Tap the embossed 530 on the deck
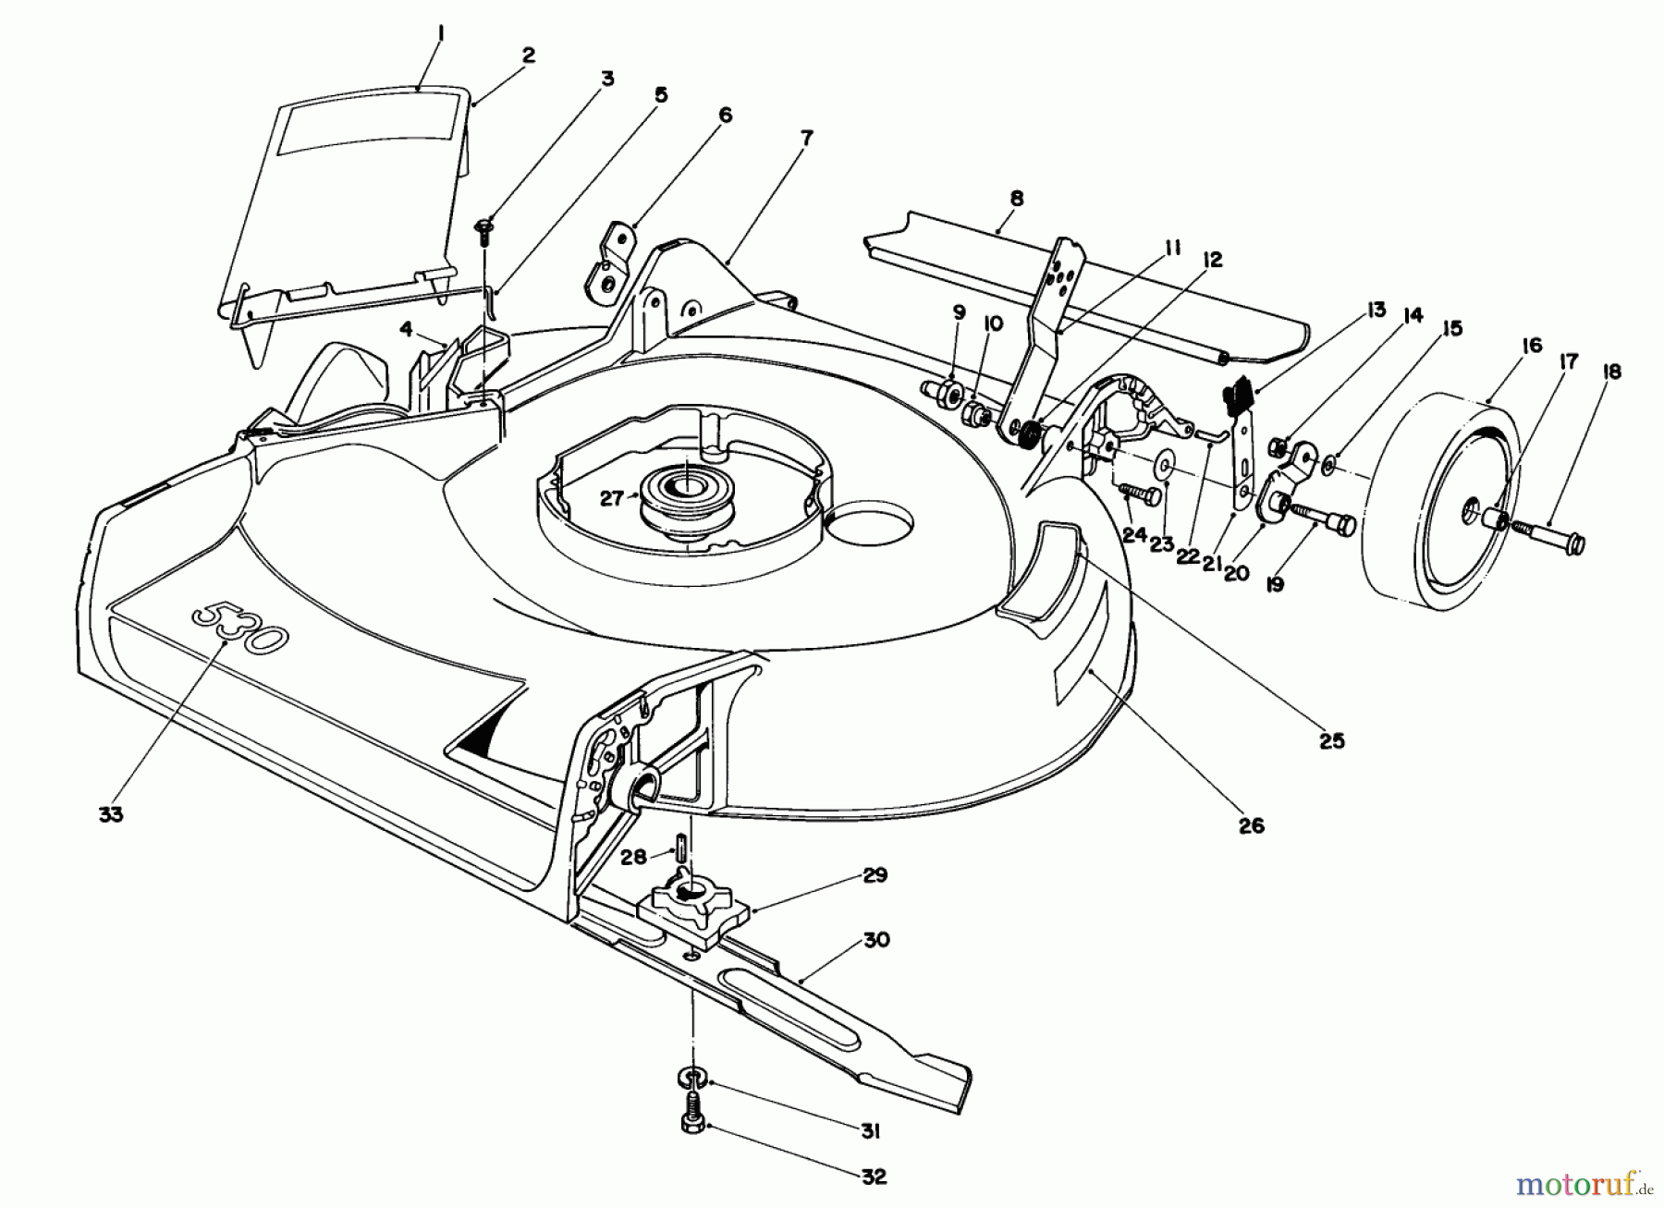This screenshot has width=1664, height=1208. coord(239,628)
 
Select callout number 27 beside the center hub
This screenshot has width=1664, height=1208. coord(612,499)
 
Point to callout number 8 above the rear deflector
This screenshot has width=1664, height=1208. coord(1017,199)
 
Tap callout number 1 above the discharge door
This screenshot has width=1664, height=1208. coord(441,34)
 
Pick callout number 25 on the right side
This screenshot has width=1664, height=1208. coord(1331,740)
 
